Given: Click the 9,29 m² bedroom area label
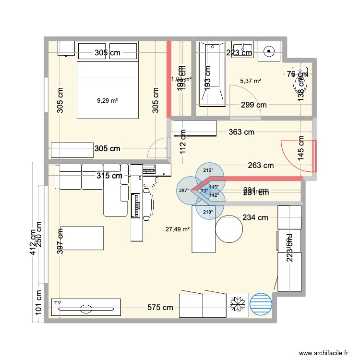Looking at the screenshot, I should pyautogui.click(x=108, y=101).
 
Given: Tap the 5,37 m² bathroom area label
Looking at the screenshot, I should pyautogui.click(x=251, y=81).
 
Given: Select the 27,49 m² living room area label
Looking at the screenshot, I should pyautogui.click(x=178, y=229).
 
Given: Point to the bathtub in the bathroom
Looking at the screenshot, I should pyautogui.click(x=212, y=74).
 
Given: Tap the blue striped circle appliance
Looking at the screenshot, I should pyautogui.click(x=261, y=305).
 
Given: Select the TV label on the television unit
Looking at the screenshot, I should pyautogui.click(x=58, y=303).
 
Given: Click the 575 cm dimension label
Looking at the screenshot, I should pyautogui.click(x=160, y=307).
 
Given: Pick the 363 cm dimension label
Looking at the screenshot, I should pyautogui.click(x=241, y=132).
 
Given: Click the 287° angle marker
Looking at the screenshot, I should pyautogui.click(x=183, y=191).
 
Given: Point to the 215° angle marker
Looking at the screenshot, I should pyautogui.click(x=208, y=170).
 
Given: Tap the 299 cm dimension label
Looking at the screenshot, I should pyautogui.click(x=253, y=105).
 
